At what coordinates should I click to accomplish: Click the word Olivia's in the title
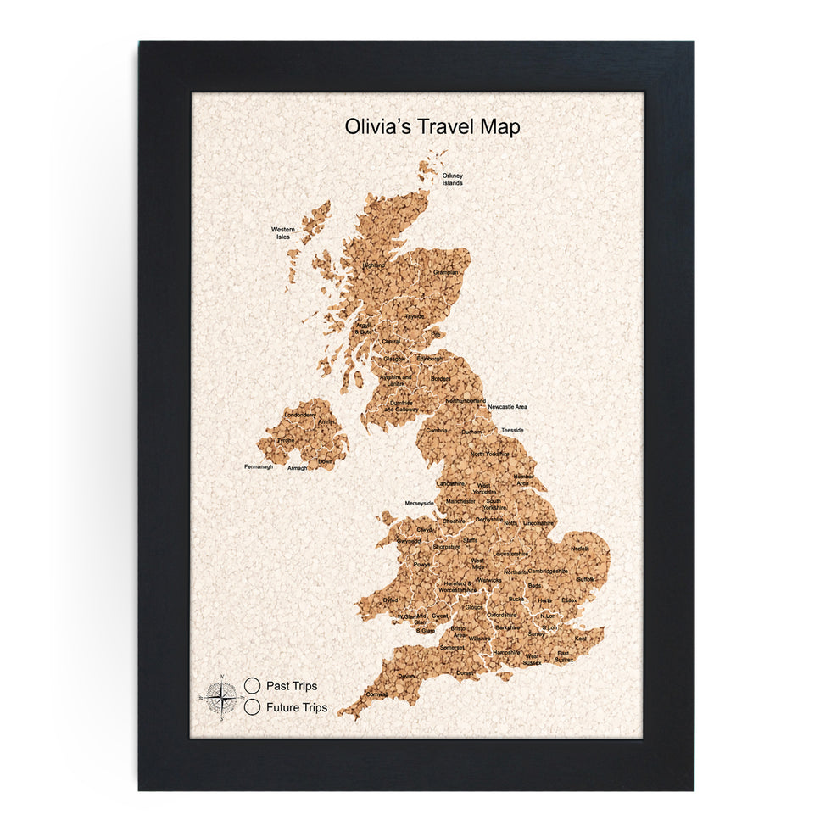[x=378, y=126]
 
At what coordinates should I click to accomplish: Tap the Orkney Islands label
[x=453, y=179]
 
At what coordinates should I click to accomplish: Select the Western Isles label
[x=283, y=232]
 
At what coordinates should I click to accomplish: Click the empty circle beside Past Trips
[x=252, y=684]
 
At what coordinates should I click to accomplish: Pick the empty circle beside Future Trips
[x=252, y=706]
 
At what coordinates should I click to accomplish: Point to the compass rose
[x=220, y=698]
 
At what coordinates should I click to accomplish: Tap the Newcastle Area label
[x=507, y=407]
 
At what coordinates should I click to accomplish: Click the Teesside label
[x=512, y=430]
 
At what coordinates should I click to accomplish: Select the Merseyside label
[x=419, y=503]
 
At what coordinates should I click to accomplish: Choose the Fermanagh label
[x=259, y=466]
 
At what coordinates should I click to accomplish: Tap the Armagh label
[x=297, y=468]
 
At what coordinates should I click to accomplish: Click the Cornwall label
[x=376, y=694]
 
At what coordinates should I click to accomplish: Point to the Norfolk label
[x=579, y=548]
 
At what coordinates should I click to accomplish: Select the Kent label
[x=581, y=638]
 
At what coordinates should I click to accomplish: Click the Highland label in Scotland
[x=374, y=265]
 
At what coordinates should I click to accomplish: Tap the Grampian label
[x=446, y=272]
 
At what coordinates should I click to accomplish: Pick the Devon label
[x=407, y=676]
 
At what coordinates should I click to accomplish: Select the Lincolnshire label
[x=538, y=524]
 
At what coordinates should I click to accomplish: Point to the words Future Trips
[x=297, y=707]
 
